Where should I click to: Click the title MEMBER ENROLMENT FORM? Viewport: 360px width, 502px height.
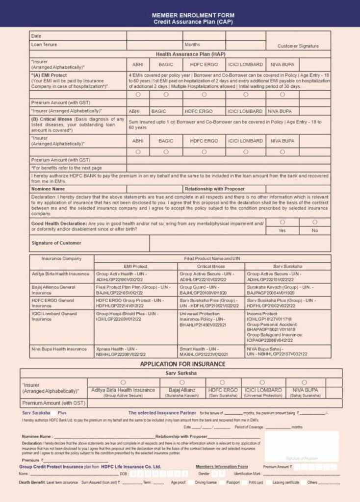pyautogui.click(x=180, y=16)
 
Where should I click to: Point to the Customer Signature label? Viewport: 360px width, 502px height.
pyautogui.click(x=298, y=46)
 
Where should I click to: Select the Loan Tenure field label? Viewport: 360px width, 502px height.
pyautogui.click(x=44, y=45)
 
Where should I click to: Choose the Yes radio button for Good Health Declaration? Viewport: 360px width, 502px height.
pyautogui.click(x=282, y=223)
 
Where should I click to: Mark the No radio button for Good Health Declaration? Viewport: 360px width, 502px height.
pyautogui.click(x=314, y=223)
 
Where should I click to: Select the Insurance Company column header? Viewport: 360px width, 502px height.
pyautogui.click(x=61, y=258)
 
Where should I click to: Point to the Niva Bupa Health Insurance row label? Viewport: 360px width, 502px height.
pyautogui.click(x=60, y=349)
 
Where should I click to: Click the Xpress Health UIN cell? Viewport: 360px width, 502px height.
pyautogui.click(x=121, y=351)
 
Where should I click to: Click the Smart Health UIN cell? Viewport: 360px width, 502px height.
pyautogui.click(x=203, y=351)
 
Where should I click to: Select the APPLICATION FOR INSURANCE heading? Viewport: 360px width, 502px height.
pyautogui.click(x=182, y=364)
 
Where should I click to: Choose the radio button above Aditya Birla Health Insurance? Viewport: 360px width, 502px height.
pyautogui.click(x=123, y=382)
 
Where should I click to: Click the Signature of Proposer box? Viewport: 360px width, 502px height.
pyautogui.click(x=302, y=446)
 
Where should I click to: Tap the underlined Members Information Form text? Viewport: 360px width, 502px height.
pyautogui.click(x=222, y=467)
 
